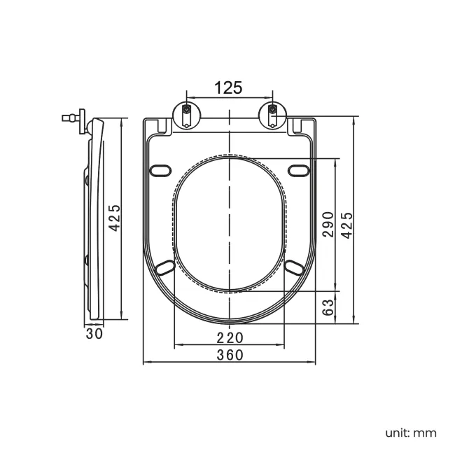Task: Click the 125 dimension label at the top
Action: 228,87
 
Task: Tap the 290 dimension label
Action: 328,225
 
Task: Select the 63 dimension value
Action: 328,307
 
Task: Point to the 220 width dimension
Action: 230,338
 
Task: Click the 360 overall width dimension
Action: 230,355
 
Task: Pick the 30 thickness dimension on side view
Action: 94,334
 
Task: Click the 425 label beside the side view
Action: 114,218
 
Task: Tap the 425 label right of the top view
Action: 346,225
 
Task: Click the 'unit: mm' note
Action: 411,433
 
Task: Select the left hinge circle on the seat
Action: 187,116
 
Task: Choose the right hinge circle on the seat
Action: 272,116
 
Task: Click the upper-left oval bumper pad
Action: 160,171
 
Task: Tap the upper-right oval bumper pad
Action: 299,171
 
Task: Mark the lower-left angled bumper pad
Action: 164,267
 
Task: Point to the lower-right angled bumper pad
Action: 294,267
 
